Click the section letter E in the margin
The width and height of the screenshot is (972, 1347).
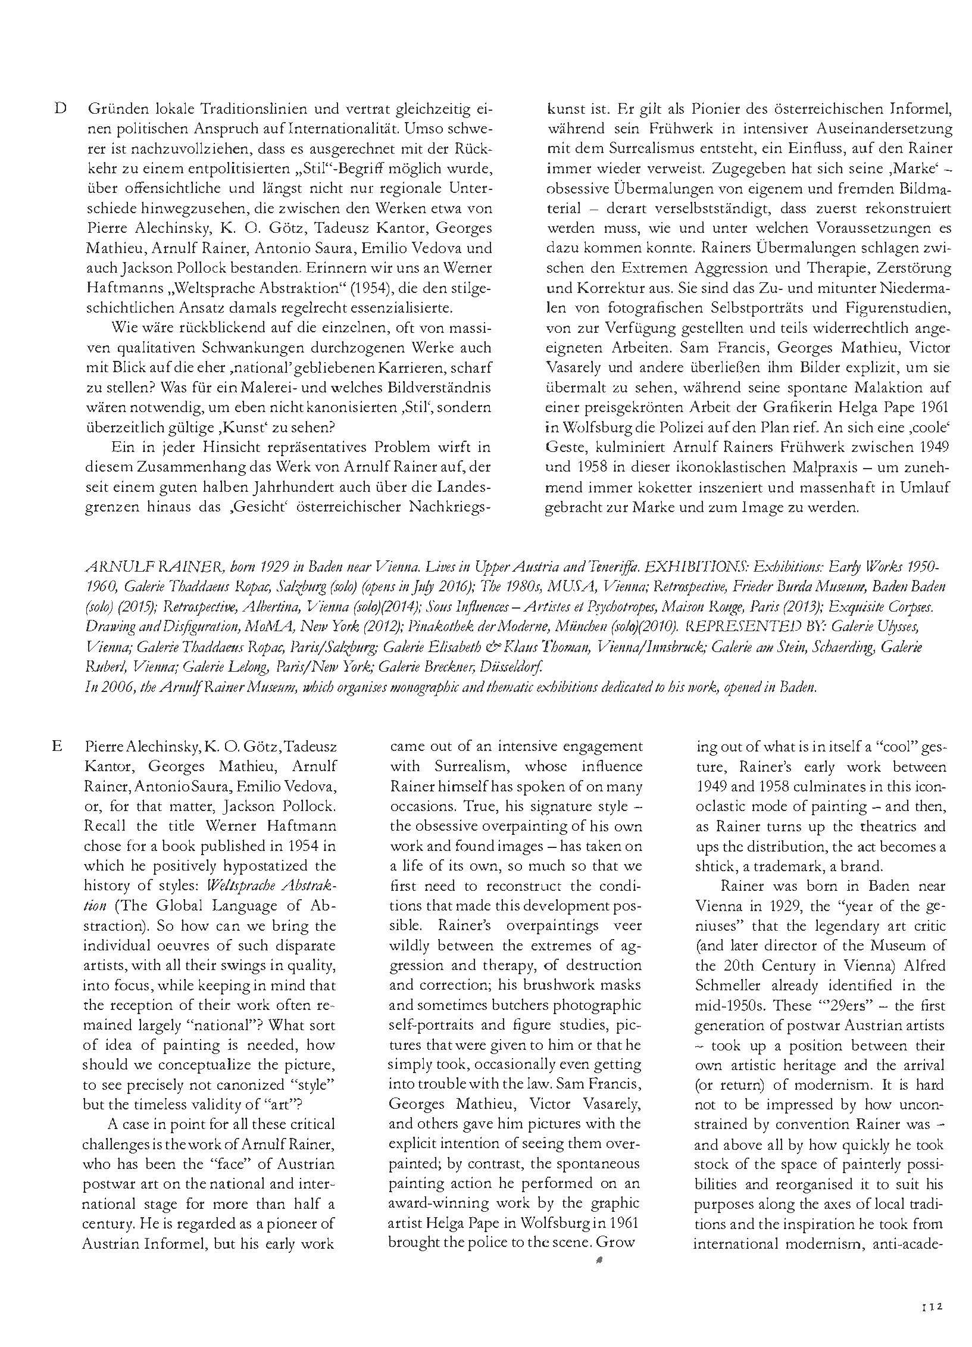point(57,746)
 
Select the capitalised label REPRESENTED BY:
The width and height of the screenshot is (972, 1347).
point(755,626)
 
